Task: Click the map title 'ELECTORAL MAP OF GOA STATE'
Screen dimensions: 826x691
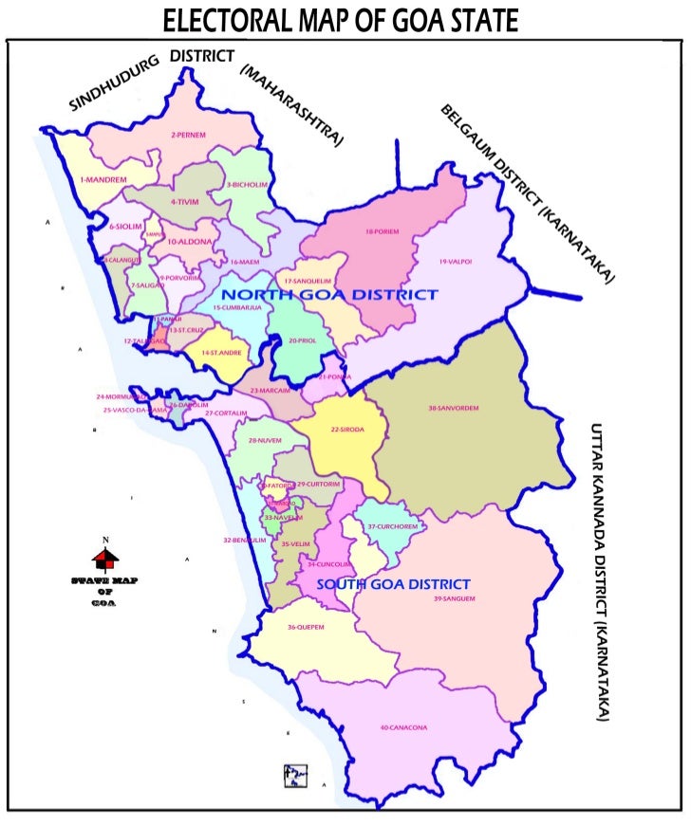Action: point(341,20)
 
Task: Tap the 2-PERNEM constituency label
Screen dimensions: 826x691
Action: point(188,135)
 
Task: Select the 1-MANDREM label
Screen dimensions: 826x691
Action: point(103,179)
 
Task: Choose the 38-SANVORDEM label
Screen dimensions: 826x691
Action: point(453,409)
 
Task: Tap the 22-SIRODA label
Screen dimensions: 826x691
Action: point(348,430)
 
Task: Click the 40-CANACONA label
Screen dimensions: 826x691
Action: point(403,727)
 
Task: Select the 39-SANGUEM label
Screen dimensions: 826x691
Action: point(454,599)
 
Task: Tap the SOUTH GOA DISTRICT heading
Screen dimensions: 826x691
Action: point(393,584)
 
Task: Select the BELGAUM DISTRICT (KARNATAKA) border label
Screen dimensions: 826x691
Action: point(527,193)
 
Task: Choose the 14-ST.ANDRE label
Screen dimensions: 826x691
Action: point(219,353)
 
